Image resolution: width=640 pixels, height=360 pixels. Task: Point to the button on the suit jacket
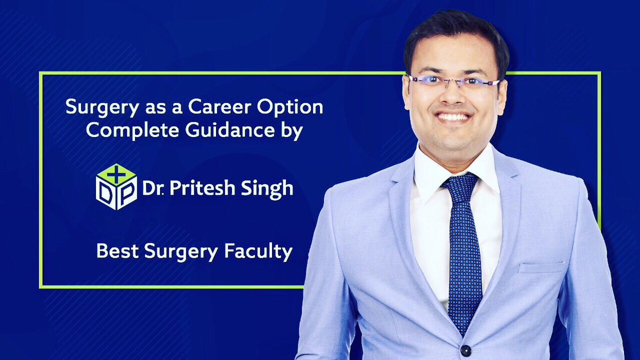[466, 350]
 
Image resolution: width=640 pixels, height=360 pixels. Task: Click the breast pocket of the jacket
[541, 267]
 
